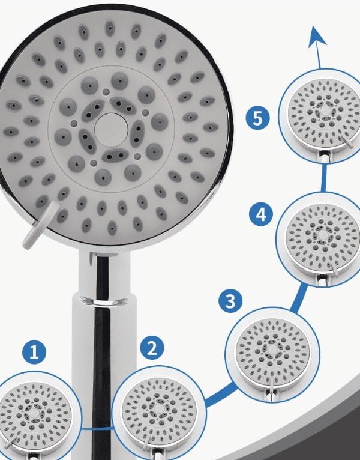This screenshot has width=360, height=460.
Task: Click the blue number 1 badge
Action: point(34,352)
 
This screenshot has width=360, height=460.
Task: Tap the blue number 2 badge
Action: point(152,348)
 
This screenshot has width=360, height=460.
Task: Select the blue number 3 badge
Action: point(230,301)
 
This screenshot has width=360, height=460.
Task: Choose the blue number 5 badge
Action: point(257,118)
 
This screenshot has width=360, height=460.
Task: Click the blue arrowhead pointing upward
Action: point(317,37)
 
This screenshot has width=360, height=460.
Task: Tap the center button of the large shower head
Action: point(111,130)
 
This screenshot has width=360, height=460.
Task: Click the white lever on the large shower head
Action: point(40,225)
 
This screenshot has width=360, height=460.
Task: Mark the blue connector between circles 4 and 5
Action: point(323,178)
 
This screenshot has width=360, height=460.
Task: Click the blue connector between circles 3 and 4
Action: point(299,297)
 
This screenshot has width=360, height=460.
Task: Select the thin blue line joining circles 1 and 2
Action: point(97,429)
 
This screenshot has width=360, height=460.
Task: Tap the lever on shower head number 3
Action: point(272,385)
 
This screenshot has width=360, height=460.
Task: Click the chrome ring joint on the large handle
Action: point(104,300)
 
